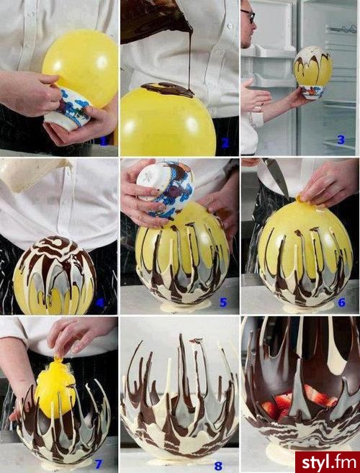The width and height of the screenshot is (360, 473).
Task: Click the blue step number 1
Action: click(104, 141)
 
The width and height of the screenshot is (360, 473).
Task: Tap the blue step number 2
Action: click(225, 143)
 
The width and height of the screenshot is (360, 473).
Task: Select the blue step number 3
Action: click(341, 140)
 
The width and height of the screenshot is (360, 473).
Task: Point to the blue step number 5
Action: click(223, 302)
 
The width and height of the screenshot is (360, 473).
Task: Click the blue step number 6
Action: click(341, 302)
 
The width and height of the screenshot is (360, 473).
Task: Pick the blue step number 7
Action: click(99, 464)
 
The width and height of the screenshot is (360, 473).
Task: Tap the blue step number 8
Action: click(218, 466)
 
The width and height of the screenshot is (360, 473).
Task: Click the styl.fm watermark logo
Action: click(328, 462)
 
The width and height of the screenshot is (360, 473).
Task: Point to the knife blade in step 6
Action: click(276, 175)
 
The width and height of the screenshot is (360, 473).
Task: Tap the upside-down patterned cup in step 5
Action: click(165, 189)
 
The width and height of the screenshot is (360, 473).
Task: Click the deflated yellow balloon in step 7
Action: click(55, 389)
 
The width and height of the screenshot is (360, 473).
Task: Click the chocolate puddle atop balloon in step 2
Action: click(168, 89)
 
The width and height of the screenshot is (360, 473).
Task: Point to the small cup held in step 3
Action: click(312, 91)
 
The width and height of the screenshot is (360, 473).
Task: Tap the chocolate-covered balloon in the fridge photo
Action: click(313, 67)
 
